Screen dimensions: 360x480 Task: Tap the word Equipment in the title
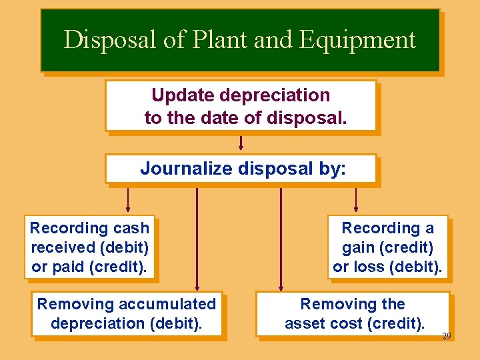357,40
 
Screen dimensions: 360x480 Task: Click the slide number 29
446,336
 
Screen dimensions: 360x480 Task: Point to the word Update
183,95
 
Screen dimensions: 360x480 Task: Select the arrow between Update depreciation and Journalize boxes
241,143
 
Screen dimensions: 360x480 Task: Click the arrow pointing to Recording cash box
128,199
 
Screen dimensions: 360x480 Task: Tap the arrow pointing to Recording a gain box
356,199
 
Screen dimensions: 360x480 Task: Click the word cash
130,228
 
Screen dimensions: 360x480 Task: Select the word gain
359,247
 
